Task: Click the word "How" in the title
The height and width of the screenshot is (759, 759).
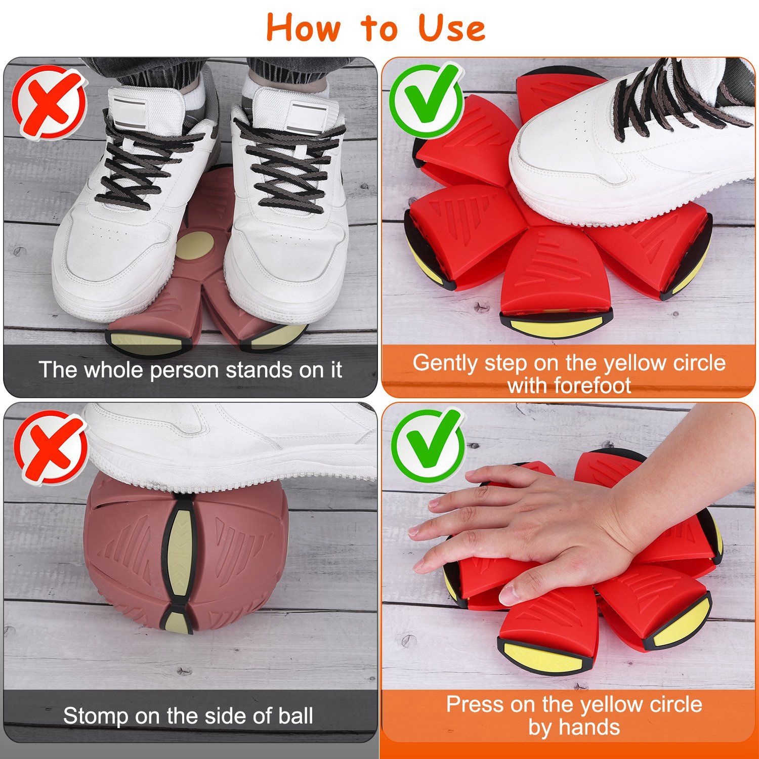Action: [303, 28]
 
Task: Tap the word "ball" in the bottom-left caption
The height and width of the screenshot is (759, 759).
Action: [296, 716]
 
